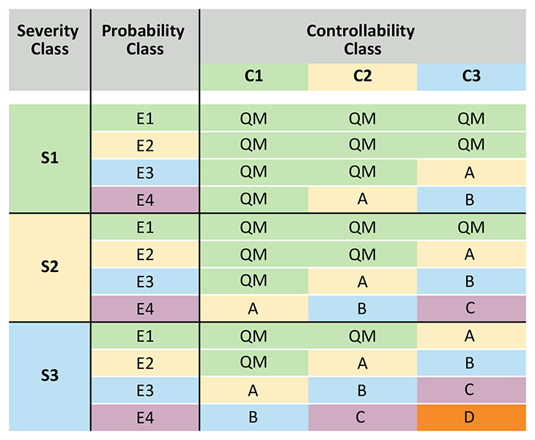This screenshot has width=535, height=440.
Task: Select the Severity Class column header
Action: pos(49,40)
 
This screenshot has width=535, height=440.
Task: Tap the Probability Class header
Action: pos(144,40)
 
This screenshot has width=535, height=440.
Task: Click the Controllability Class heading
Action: pos(362,40)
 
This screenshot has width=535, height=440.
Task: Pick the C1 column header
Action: pos(254,76)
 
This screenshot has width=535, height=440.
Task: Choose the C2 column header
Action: pos(362,76)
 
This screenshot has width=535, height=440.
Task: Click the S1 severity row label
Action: pos(49,158)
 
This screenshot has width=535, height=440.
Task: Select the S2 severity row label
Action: pos(49,267)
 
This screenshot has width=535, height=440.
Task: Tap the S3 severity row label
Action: pos(49,376)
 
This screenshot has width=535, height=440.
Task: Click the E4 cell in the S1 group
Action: pos(144,199)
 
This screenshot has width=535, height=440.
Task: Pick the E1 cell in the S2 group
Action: pos(144,227)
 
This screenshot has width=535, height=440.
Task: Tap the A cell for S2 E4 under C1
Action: pos(254,309)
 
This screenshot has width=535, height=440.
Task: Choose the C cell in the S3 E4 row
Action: pos(362,418)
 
